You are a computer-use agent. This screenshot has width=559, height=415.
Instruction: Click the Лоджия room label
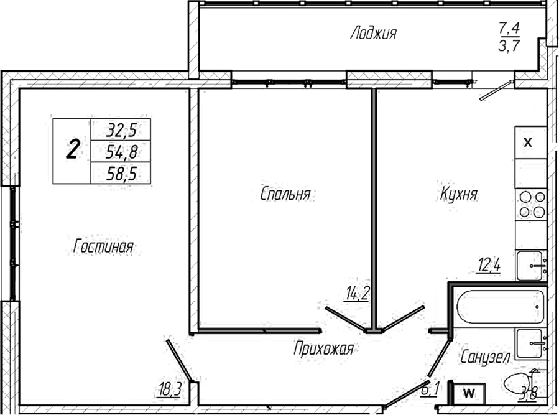pyautogui.click(x=373, y=33)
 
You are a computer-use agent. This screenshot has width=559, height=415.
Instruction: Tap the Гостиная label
pyautogui.click(x=103, y=246)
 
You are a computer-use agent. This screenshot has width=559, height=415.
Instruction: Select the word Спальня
pyautogui.click(x=285, y=194)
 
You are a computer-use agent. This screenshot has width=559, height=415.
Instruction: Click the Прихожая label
pyautogui.click(x=323, y=349)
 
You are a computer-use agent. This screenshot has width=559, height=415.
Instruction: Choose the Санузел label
pyautogui.click(x=486, y=357)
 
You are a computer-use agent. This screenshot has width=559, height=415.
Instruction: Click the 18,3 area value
pyautogui.click(x=170, y=389)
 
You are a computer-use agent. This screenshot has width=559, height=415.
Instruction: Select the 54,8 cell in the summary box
pyautogui.click(x=121, y=152)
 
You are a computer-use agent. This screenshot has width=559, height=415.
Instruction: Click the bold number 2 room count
pyautogui.click(x=73, y=151)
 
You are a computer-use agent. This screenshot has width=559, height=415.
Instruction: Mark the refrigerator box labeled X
pyautogui.click(x=528, y=142)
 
